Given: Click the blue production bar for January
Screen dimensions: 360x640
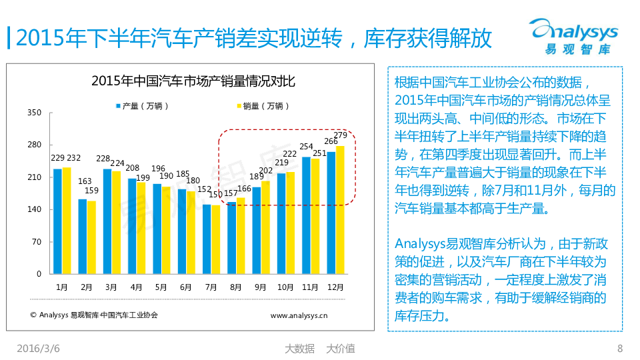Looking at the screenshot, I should tap(57, 221).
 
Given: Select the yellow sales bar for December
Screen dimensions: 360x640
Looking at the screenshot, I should tap(340, 210).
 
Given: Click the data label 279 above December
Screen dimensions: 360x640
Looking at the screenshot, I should tap(341, 136).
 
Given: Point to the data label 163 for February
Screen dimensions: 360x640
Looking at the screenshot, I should tap(85, 181).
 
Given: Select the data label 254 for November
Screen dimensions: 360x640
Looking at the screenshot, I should tap(307, 147).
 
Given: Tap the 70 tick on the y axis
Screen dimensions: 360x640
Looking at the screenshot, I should tap(37, 242).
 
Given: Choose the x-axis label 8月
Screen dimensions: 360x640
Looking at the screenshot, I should tap(235, 287).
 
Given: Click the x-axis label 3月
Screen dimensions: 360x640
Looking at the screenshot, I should tap(111, 287).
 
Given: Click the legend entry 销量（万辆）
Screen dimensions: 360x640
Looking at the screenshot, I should tap(263, 105).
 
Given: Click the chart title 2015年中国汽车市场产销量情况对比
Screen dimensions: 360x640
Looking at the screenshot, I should tap(193, 82).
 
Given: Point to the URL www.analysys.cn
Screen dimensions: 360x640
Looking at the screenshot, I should tap(299, 315).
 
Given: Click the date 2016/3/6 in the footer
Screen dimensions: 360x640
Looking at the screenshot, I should tap(38, 348).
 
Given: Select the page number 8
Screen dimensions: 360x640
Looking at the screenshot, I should tap(619, 348).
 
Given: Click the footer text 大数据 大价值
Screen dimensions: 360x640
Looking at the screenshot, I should tap(319, 348).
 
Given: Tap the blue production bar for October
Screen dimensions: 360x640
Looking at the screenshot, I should tap(281, 223).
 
